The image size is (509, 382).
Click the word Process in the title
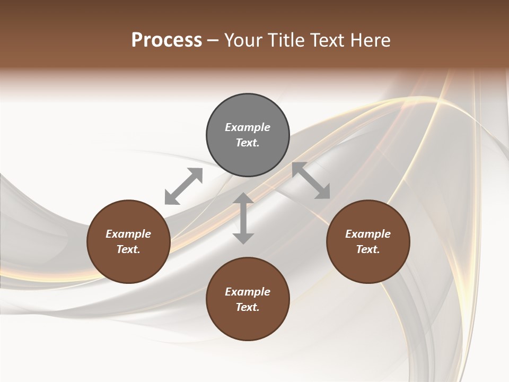pyautogui.click(x=166, y=40)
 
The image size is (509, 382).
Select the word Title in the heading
pyautogui.click(x=287, y=40)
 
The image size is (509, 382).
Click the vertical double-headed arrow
pyautogui.click(x=243, y=218)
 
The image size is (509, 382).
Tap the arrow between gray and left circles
pyautogui.click(x=183, y=186)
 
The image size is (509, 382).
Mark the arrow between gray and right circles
pyautogui.click(x=311, y=181)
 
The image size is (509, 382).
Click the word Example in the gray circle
pyautogui.click(x=248, y=127)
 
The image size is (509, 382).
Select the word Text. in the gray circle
pyautogui.click(x=248, y=143)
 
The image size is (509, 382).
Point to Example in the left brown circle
pyautogui.click(x=128, y=234)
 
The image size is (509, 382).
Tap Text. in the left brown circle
pyautogui.click(x=128, y=249)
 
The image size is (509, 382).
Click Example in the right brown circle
pyautogui.click(x=368, y=234)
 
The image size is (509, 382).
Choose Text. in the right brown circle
pyautogui.click(x=368, y=249)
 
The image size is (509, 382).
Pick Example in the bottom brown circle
pyautogui.click(x=248, y=292)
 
